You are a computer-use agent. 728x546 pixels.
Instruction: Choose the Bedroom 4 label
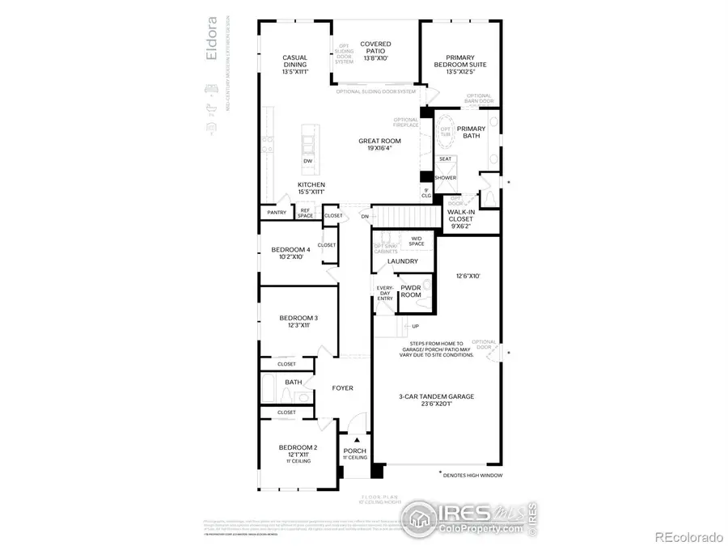click(x=290, y=253)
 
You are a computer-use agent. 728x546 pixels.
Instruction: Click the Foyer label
click(x=343, y=388)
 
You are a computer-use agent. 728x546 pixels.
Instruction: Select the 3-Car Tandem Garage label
click(x=436, y=400)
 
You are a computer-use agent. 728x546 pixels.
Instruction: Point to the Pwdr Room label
click(x=411, y=291)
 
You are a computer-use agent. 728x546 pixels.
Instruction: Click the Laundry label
click(x=403, y=261)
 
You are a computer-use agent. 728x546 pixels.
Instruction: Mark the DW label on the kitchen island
click(x=307, y=161)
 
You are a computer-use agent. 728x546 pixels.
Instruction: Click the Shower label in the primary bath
click(x=445, y=178)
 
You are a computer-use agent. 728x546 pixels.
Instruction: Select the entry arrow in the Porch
click(x=354, y=440)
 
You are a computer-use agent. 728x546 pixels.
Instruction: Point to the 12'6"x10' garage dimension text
click(x=468, y=276)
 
